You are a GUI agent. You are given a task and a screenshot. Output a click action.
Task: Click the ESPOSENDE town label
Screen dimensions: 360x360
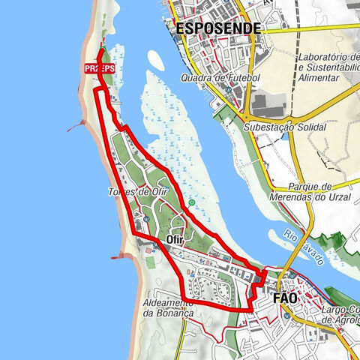tap(218, 28)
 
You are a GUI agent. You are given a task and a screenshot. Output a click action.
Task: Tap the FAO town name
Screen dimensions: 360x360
tap(284, 298)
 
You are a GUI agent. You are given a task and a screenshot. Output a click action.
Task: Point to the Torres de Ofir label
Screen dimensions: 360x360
tap(137, 192)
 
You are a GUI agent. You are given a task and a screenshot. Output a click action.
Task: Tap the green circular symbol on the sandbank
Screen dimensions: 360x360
tap(193, 202)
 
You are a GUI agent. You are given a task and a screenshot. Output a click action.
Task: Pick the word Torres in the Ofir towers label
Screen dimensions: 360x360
tap(121, 192)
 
